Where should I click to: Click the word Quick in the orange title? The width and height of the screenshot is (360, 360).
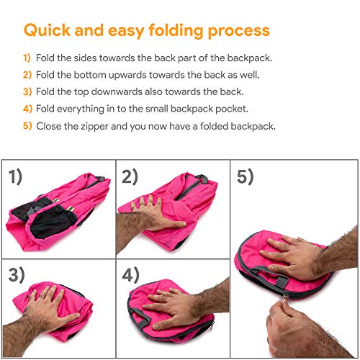47,30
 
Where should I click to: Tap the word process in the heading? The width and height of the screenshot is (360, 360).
239,32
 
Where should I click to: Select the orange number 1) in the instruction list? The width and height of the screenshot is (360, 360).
27,58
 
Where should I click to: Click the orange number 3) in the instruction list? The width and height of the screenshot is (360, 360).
27,91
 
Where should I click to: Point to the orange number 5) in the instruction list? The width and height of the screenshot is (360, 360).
27,126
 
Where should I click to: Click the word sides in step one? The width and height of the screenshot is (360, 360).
85,58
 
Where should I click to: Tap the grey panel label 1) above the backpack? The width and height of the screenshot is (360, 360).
15,176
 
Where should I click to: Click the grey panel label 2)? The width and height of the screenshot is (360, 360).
130,176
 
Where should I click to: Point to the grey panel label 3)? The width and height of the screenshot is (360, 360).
17,274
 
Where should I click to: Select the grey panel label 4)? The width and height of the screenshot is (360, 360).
130,274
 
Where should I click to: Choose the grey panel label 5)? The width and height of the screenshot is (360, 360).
245,176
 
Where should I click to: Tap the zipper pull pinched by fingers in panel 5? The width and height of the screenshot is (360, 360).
285,297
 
